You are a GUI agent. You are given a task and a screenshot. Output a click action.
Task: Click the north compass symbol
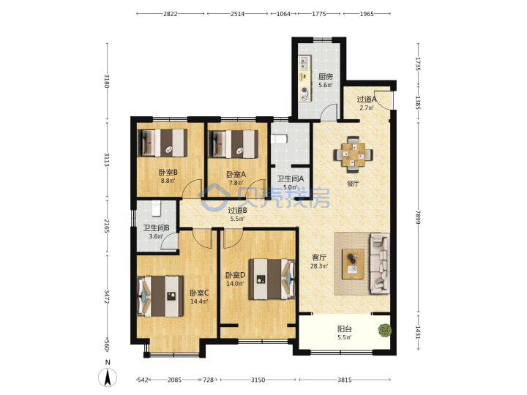[x=108, y=377]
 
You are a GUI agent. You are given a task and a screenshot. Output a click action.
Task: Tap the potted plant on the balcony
[x=384, y=330]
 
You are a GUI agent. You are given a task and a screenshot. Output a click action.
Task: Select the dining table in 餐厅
[x=354, y=154]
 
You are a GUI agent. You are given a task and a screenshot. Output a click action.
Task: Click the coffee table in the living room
[x=353, y=263]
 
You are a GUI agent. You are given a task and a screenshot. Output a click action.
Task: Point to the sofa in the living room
[x=380, y=263]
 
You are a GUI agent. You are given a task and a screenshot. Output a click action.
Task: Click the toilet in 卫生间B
[x=157, y=208]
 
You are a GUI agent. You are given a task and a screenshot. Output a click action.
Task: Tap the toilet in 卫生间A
[x=278, y=139]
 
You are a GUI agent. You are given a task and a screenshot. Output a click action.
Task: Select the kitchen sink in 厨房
[x=304, y=63]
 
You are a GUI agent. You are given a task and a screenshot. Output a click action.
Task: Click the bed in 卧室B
[x=162, y=143]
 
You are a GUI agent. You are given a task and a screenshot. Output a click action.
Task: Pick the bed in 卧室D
[x=272, y=279]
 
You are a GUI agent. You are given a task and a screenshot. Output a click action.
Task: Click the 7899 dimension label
[x=418, y=217]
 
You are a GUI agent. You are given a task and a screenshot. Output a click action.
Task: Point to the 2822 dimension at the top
[x=171, y=14]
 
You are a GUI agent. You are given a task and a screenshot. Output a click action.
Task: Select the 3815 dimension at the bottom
[x=345, y=380]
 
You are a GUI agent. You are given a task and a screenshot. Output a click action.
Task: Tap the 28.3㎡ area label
[x=319, y=266]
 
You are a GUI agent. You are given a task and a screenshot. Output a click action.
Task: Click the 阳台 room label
[x=345, y=329]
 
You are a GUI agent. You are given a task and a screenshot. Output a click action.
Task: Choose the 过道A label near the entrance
[x=367, y=99]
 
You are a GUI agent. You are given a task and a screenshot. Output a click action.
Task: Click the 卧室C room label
[x=199, y=293]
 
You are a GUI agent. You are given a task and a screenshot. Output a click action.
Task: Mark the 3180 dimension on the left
[x=107, y=81]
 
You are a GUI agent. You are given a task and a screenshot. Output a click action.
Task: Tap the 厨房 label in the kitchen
[x=326, y=77]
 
